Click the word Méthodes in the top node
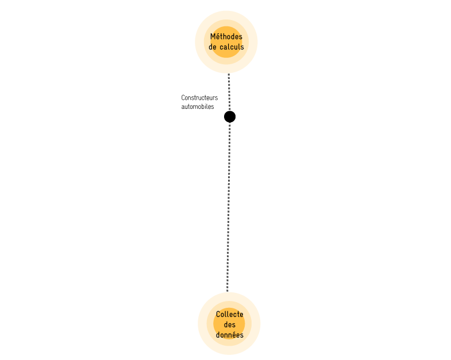226,37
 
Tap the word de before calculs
213,47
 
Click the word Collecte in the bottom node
230,314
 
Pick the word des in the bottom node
230,324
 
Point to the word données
230,335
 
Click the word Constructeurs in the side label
199,98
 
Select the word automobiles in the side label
198,107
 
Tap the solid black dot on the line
230,117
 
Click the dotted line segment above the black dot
229,92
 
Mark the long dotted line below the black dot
229,207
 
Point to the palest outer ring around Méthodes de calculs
199,42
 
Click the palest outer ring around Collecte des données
202,323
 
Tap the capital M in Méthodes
213,37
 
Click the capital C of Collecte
218,314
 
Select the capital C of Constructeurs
183,98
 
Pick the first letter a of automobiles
183,107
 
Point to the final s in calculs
242,48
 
